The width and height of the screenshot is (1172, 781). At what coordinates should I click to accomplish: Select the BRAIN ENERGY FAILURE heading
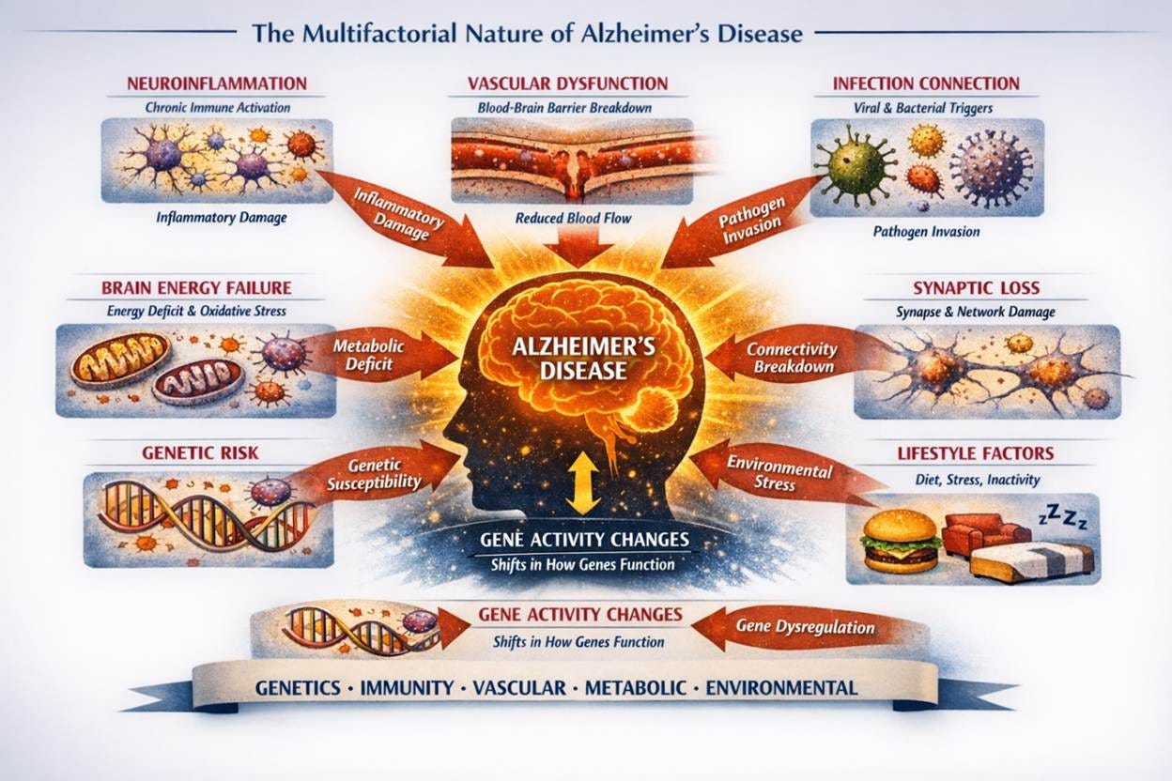pyautogui.click(x=196, y=287)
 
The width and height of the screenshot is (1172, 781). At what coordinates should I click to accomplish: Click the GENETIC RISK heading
pyautogui.click(x=200, y=453)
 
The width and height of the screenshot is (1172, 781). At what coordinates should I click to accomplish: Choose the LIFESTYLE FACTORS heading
pyautogui.click(x=974, y=453)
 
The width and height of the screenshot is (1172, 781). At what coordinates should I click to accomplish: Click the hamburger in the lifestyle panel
pyautogui.click(x=902, y=541)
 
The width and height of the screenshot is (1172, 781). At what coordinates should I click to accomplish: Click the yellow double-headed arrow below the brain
pyautogui.click(x=583, y=482)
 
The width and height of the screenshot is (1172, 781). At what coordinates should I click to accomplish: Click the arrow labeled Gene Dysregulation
pyautogui.click(x=808, y=627)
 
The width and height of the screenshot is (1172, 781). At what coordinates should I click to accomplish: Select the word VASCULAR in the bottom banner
pyautogui.click(x=519, y=688)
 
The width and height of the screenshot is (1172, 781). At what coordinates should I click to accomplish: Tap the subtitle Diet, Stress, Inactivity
pyautogui.click(x=976, y=480)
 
